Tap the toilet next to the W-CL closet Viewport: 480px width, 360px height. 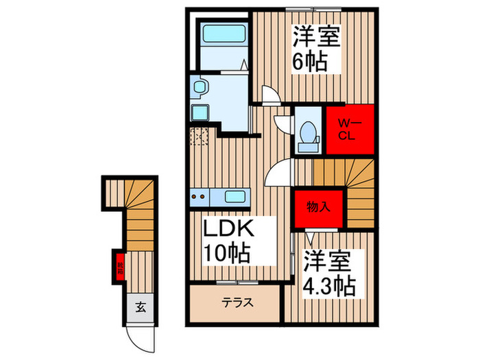[x=307, y=133]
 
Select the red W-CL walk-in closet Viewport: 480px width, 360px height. [x=349, y=130]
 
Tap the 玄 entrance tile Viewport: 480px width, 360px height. [x=140, y=307]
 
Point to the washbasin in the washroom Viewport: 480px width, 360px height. [x=200, y=87]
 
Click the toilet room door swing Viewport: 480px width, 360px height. [x=283, y=124]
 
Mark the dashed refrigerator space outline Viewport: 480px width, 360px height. [x=200, y=136]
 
